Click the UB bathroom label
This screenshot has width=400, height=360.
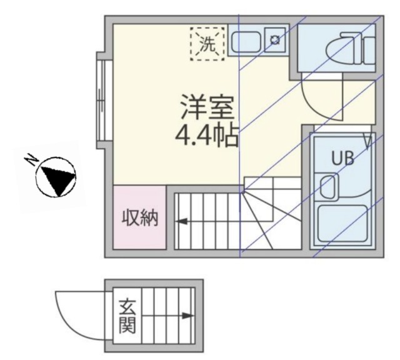(x=342, y=159)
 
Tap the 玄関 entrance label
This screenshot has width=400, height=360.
(x=127, y=317)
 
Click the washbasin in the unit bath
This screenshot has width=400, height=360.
(x=327, y=185)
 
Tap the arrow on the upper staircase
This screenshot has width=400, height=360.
(x=182, y=221)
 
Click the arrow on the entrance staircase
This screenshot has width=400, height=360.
(x=186, y=316)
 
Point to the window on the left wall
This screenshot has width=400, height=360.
(x=100, y=101)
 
